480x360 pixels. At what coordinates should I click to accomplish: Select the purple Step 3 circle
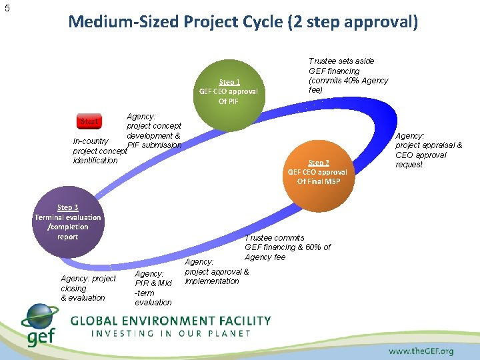pyautogui.click(x=67, y=222)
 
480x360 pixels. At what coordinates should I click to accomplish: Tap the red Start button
pyautogui.click(x=89, y=122)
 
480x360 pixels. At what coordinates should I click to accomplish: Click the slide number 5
pyautogui.click(x=7, y=8)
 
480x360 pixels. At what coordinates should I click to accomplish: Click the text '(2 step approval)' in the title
pyautogui.click(x=353, y=22)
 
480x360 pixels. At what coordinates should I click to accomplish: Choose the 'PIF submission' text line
pyautogui.click(x=154, y=145)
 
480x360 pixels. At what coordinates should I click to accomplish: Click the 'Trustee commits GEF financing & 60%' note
pyautogui.click(x=287, y=247)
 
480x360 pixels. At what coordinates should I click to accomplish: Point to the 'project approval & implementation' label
pyautogui.click(x=216, y=276)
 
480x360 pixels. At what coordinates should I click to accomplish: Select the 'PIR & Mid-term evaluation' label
pyautogui.click(x=153, y=288)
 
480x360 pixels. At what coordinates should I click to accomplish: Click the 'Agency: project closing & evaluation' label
pyautogui.click(x=87, y=288)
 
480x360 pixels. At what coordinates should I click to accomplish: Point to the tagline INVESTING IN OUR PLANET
pyautogui.click(x=170, y=333)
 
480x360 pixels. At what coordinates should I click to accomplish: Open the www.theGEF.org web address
pyautogui.click(x=421, y=351)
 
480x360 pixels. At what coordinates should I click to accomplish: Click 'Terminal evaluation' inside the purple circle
pyautogui.click(x=67, y=217)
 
